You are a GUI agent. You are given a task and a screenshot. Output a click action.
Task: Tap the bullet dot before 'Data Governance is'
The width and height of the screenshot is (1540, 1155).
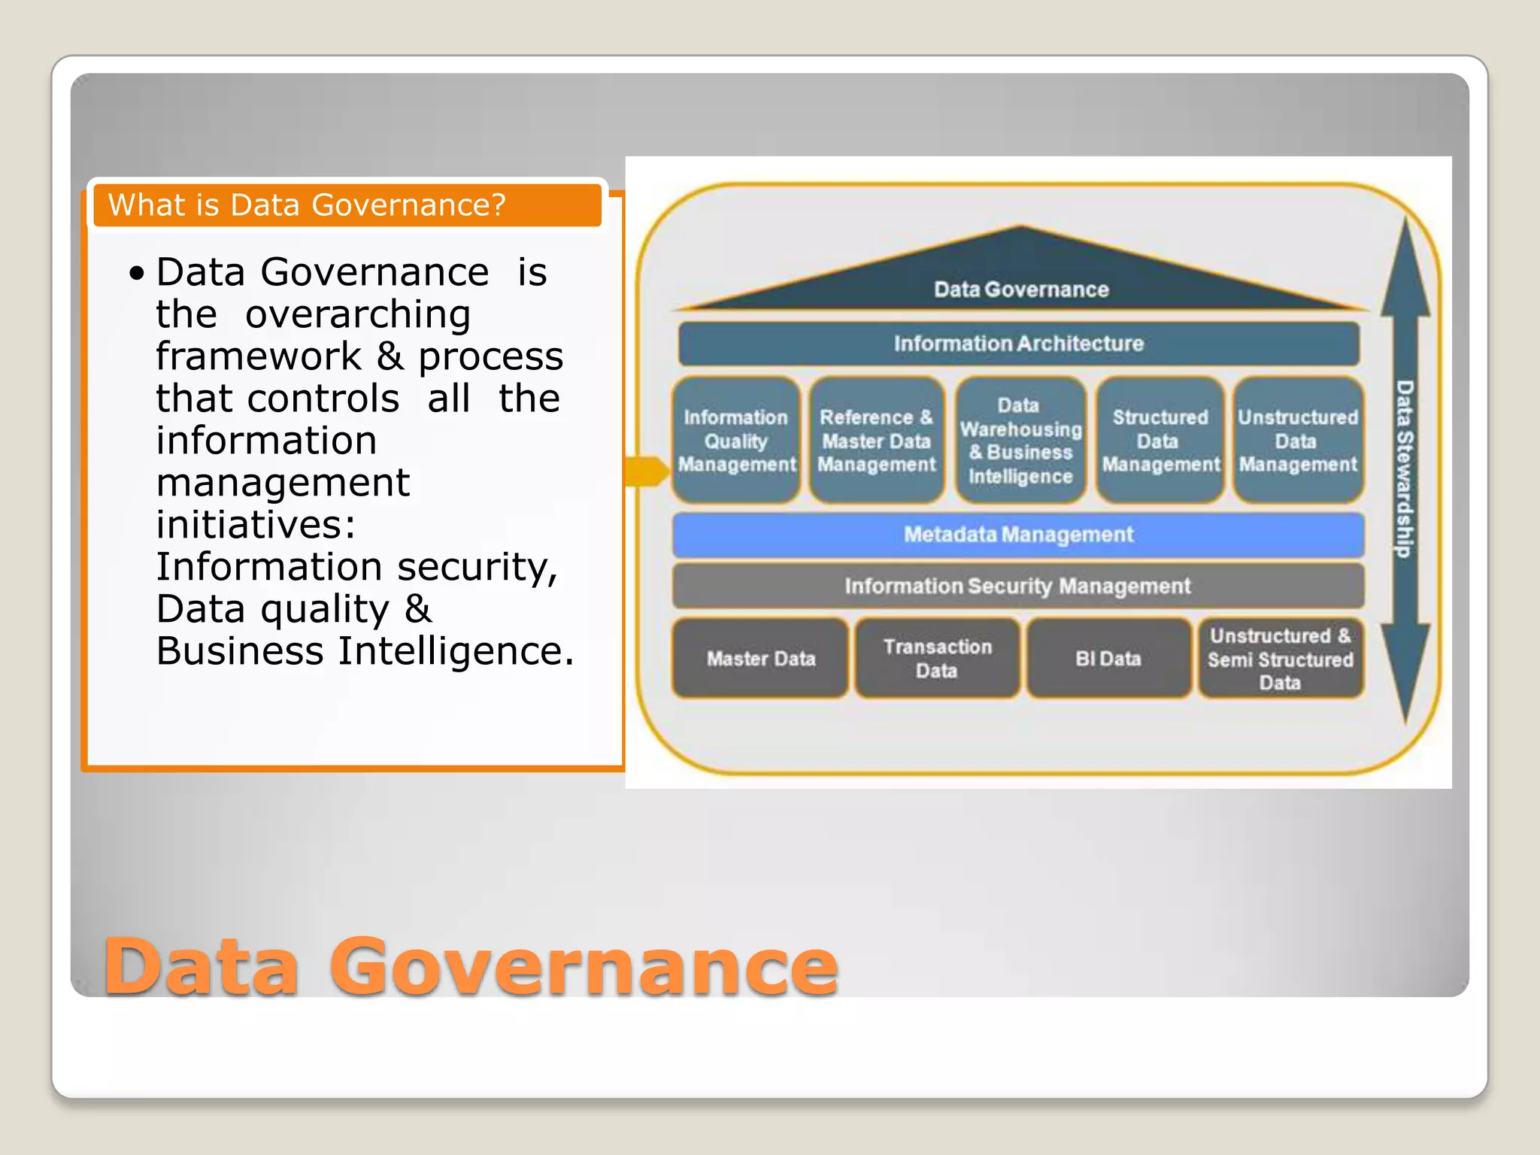(136, 273)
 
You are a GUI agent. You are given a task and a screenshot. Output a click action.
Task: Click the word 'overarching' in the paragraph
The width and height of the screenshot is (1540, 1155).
(358, 314)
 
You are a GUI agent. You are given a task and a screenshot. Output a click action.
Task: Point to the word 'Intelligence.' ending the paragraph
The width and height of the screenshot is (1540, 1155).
(456, 651)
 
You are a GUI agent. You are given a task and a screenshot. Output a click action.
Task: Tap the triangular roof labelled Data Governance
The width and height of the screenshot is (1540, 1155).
(1020, 278)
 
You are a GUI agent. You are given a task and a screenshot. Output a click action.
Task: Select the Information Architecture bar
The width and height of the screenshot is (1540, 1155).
(1018, 344)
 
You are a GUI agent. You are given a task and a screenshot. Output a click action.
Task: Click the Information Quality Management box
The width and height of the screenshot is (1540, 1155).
(736, 441)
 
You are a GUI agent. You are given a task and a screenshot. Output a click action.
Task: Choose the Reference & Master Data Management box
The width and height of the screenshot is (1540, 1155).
(876, 441)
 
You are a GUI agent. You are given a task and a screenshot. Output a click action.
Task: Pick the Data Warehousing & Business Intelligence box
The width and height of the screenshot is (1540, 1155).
(1020, 441)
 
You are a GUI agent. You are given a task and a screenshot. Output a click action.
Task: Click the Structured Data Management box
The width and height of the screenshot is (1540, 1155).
(1160, 441)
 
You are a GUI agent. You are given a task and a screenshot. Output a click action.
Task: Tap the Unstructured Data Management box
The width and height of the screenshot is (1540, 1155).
(1298, 441)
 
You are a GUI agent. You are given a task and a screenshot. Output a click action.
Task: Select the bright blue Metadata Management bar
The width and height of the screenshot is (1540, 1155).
(1018, 535)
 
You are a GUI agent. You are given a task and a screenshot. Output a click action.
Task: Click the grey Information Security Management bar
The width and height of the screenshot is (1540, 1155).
(1018, 586)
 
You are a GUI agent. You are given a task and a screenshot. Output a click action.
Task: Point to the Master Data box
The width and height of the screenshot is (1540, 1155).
(760, 659)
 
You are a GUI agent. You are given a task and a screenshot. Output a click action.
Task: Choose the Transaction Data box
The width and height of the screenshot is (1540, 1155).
(937, 659)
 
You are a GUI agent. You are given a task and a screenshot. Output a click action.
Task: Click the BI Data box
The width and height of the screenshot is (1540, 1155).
(1108, 659)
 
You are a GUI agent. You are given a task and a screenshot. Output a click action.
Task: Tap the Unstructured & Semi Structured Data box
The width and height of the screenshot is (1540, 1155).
(1280, 659)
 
